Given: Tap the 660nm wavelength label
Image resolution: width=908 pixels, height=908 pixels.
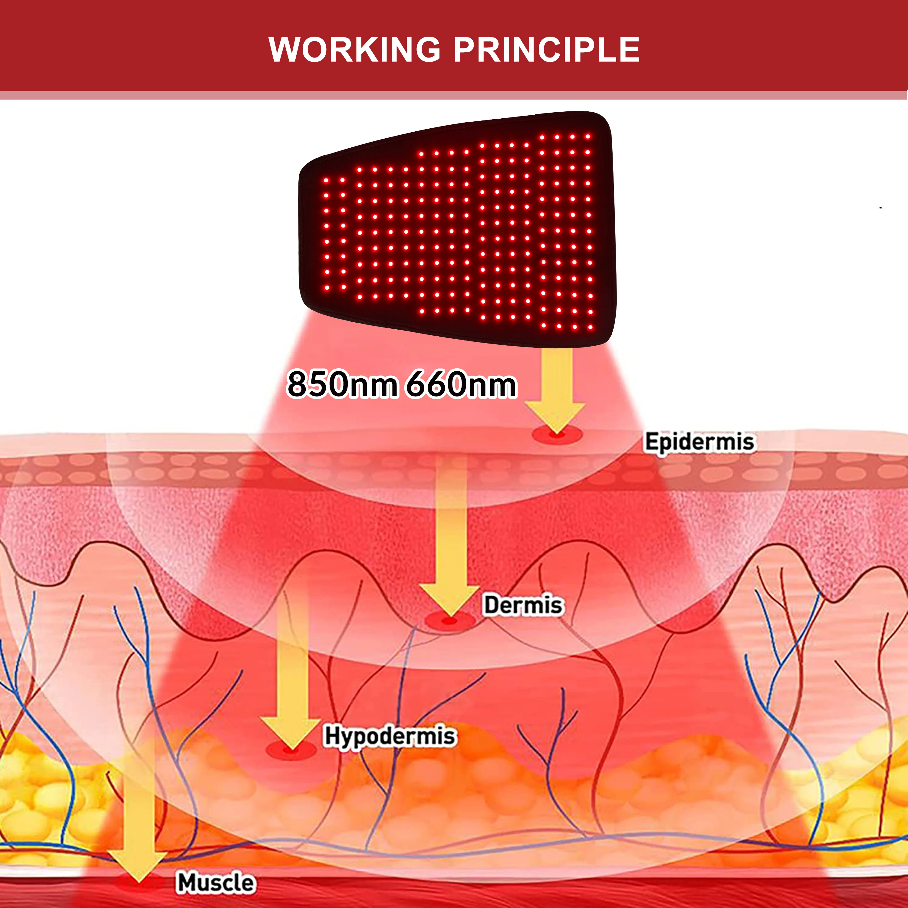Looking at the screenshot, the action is click(461, 384).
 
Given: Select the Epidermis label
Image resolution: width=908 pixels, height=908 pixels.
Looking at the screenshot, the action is click(699, 442).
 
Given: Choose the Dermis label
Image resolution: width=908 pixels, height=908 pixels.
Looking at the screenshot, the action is click(523, 605).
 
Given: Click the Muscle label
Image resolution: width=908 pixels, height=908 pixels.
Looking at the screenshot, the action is click(216, 882).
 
